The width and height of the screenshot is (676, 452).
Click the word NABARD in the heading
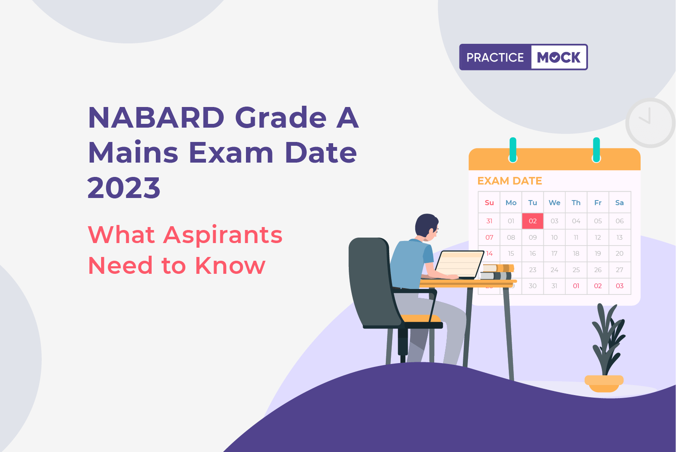pos(156,118)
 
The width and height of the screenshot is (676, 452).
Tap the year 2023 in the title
pos(124,188)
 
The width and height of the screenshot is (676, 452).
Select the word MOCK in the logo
pos(558,57)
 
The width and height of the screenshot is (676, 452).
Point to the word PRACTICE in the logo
pos(495,57)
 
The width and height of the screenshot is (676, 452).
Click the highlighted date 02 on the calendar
pos(533,221)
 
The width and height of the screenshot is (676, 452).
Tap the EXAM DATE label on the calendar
pos(509,181)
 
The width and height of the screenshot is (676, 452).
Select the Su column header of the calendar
pos(489,203)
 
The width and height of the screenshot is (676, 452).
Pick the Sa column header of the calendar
pos(619,203)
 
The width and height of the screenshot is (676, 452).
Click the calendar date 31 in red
pos(489,221)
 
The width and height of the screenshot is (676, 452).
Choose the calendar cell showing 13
pos(619,238)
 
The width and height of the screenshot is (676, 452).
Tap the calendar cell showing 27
pos(619,270)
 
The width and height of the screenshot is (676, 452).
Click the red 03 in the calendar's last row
pos(620,286)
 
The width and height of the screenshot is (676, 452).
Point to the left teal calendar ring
pos(513,150)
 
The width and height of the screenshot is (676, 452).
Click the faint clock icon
pos(650,123)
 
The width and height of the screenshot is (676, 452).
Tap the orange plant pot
pos(604,383)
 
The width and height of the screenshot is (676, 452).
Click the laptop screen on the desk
pos(460,264)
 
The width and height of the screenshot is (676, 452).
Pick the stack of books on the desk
pos(497,272)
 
